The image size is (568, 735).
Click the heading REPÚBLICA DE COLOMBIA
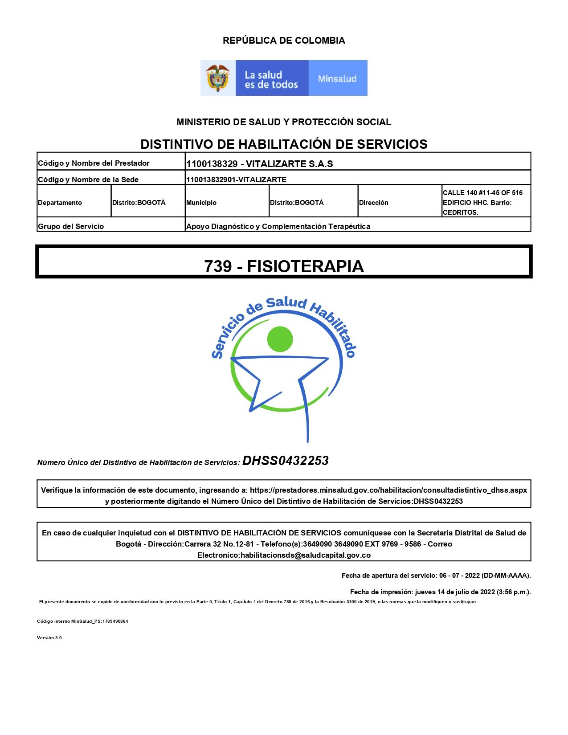[x=284, y=41]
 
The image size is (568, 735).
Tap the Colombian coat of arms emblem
[x=217, y=78]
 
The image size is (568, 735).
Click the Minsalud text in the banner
[x=337, y=79]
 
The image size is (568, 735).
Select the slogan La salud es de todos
[x=271, y=80]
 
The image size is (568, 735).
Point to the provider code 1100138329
[x=212, y=164]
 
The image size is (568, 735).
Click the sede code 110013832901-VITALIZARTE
[x=236, y=180]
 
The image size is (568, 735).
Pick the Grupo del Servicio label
[x=71, y=226]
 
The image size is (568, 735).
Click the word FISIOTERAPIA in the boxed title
[x=306, y=266]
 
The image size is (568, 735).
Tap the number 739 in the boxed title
[x=218, y=266]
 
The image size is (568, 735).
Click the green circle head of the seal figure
[x=280, y=339]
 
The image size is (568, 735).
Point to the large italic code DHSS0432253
[x=286, y=461]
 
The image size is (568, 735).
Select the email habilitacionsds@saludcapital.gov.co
[x=306, y=555]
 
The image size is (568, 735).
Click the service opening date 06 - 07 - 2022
[x=459, y=576]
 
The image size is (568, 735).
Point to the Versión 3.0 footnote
[x=50, y=638]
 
